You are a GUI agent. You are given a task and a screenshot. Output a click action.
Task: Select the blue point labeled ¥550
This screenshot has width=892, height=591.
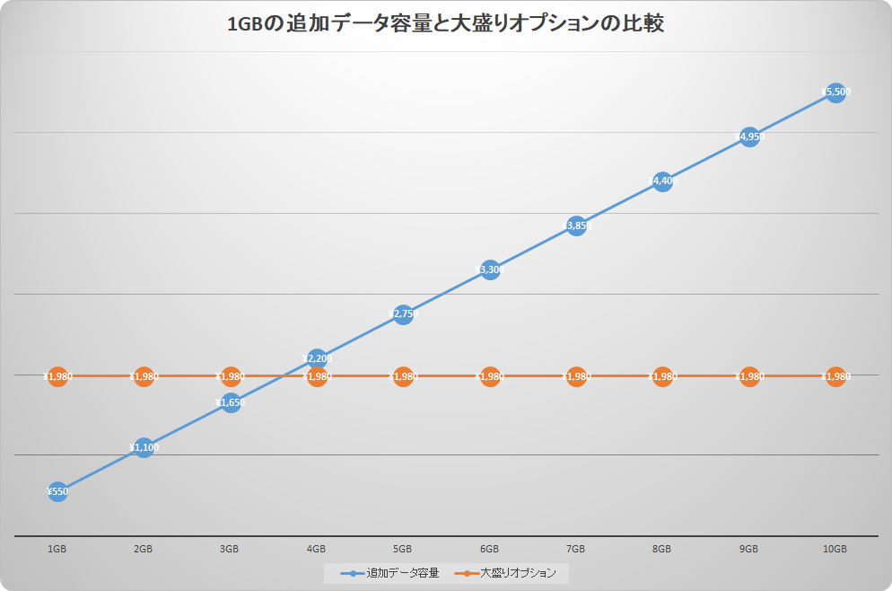click(x=57, y=491)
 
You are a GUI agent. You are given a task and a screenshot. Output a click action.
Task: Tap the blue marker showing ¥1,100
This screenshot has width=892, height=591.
click(x=144, y=447)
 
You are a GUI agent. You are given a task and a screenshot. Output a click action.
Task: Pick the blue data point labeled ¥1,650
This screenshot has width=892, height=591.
click(x=230, y=402)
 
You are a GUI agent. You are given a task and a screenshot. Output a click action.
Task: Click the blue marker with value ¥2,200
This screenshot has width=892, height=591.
click(x=317, y=358)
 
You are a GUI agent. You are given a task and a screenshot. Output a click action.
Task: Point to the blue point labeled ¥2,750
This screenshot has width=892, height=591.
click(x=403, y=313)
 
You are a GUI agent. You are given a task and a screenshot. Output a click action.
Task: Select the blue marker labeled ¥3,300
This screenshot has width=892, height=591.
click(x=490, y=269)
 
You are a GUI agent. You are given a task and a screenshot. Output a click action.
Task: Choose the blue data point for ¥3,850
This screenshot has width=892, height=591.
click(x=576, y=225)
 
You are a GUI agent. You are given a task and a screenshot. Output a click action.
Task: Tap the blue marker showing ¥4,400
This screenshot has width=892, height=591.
click(x=662, y=181)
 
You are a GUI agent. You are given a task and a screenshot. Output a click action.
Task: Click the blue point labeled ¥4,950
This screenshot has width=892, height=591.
click(x=749, y=137)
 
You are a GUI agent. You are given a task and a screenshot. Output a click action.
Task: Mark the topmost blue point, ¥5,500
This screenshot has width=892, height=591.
click(x=835, y=92)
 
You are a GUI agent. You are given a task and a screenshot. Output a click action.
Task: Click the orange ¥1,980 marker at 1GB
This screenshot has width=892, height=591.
click(x=57, y=376)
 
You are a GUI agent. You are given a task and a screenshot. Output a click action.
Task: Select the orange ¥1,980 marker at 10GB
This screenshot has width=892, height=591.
click(x=835, y=376)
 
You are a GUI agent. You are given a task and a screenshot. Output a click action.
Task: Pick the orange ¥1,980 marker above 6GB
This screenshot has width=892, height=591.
click(x=490, y=376)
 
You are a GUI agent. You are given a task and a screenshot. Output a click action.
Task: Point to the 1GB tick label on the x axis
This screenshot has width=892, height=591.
click(x=57, y=549)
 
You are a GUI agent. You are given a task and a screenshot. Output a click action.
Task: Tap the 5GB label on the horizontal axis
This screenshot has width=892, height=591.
click(x=403, y=549)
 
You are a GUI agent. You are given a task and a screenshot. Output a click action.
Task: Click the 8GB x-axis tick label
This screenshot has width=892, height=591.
click(x=662, y=549)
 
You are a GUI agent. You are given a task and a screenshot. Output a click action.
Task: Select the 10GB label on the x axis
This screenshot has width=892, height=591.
click(x=835, y=549)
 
